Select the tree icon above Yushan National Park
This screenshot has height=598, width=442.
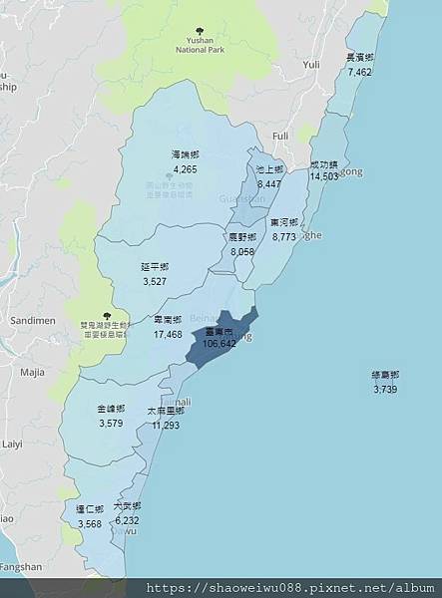point(201,29)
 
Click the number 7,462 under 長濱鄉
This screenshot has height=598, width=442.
point(360,72)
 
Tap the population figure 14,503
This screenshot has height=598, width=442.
point(324,176)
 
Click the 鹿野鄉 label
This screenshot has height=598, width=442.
point(241,238)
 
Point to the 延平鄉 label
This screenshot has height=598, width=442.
point(155,268)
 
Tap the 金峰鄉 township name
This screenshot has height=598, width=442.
point(112,410)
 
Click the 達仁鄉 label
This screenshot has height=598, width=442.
point(89,509)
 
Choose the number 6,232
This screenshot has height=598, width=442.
point(127,520)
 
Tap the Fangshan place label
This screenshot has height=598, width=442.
point(21,567)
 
